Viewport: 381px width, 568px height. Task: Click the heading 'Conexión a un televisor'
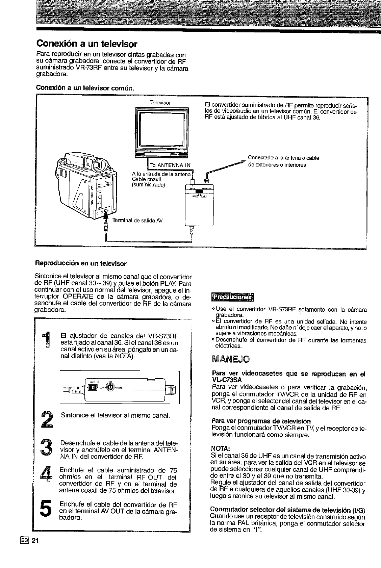pos(87,44)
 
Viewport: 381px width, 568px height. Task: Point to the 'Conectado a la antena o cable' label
pos(283,158)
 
